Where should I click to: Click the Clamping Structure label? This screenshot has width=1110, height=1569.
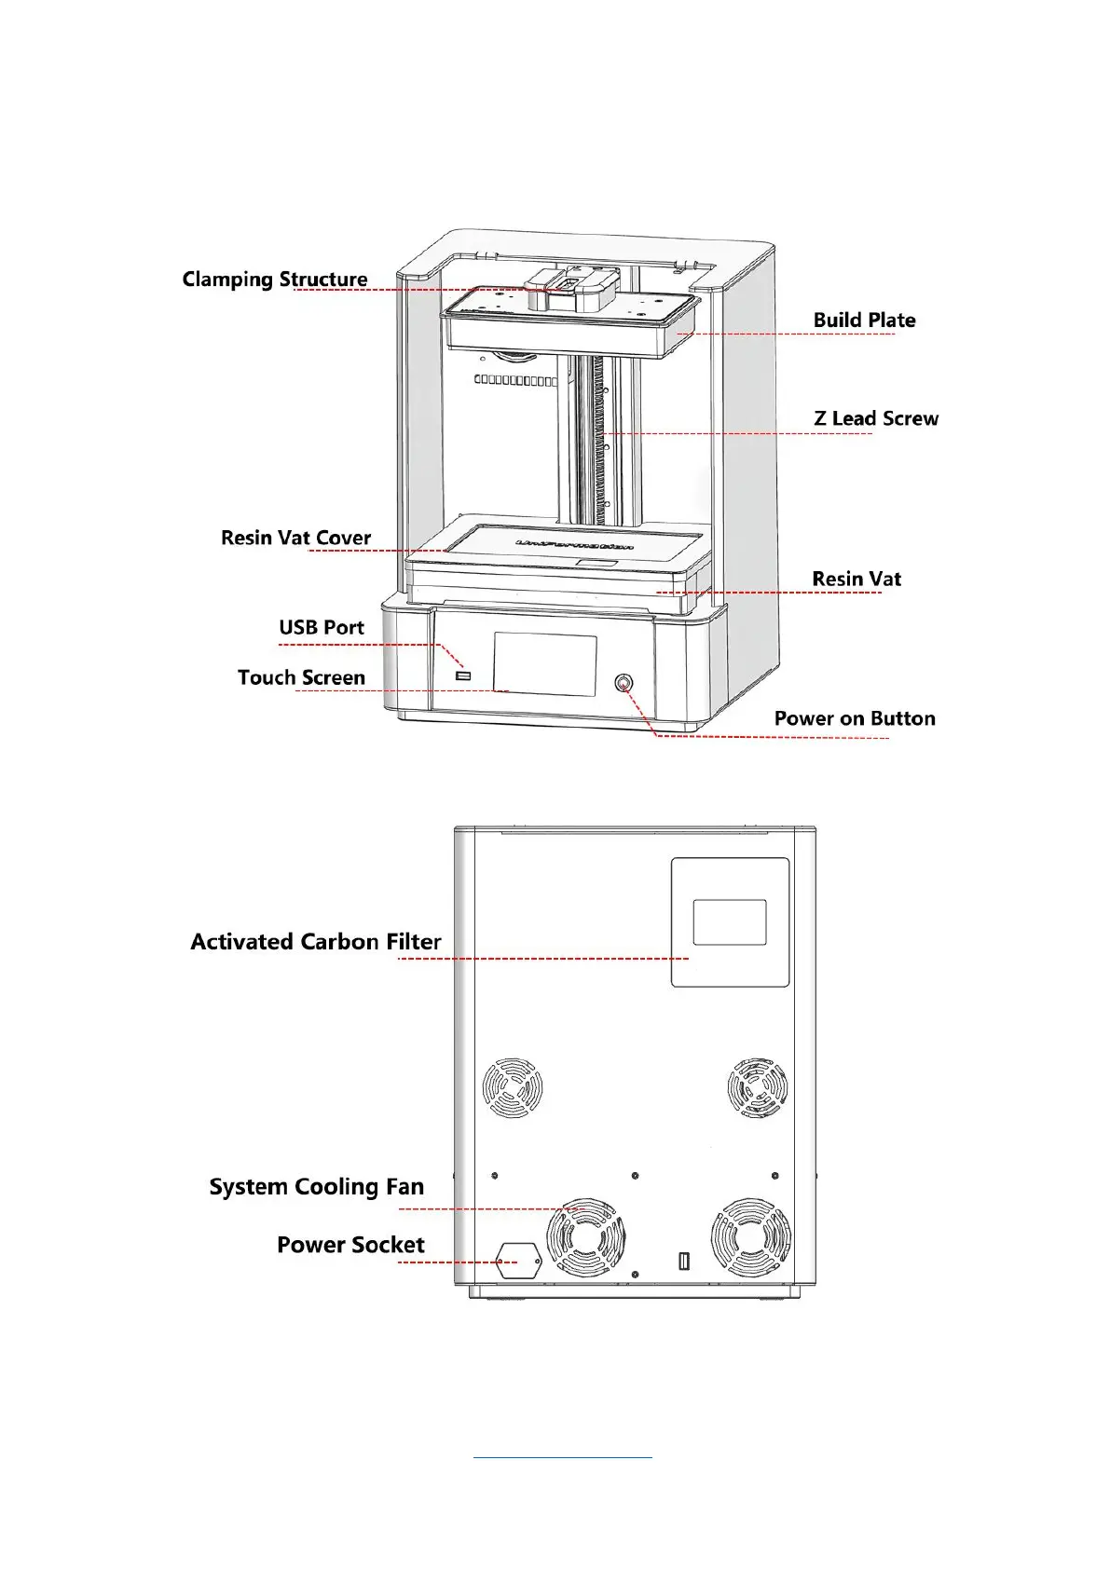(x=275, y=280)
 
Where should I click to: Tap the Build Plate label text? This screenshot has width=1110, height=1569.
(x=864, y=321)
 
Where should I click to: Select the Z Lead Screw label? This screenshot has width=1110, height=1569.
(x=876, y=419)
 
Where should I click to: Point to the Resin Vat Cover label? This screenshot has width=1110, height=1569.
(x=295, y=538)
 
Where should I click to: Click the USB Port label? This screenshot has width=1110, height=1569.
(x=322, y=628)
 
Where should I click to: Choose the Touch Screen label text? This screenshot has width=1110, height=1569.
(x=301, y=678)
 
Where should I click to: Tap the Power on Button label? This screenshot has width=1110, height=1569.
(x=855, y=718)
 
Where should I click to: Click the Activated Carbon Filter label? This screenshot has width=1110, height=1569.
(x=316, y=942)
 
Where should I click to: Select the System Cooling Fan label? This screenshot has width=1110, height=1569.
(x=317, y=1187)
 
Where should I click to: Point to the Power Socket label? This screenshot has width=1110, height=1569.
(x=350, y=1246)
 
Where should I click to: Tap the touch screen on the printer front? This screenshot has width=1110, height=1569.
(x=545, y=664)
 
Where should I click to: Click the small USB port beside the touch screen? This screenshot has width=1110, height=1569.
(x=463, y=675)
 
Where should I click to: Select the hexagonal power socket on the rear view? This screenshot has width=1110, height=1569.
(x=518, y=1261)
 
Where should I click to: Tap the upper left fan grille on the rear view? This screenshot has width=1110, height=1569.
(x=513, y=1088)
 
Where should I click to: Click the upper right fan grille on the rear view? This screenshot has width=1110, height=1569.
(x=757, y=1088)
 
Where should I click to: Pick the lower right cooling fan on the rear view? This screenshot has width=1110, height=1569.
(x=751, y=1238)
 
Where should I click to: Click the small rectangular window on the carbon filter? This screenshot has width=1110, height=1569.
(x=730, y=922)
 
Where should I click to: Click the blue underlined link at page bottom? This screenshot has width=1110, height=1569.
(x=563, y=1455)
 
